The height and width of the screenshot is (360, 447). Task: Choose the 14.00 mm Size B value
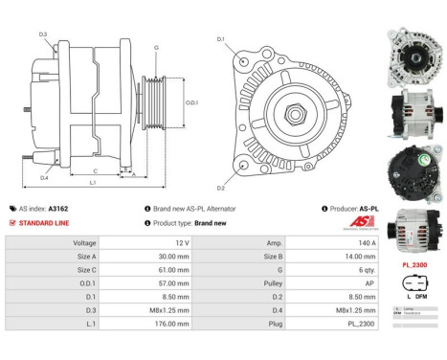pyautogui.click(x=361, y=257)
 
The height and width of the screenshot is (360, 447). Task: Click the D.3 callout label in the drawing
pyautogui.click(x=43, y=35)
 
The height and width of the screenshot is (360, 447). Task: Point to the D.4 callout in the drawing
pyautogui.click(x=44, y=177)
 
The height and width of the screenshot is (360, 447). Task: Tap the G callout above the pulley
pyautogui.click(x=156, y=47)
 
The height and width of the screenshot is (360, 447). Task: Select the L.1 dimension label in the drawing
pyautogui.click(x=91, y=181)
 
